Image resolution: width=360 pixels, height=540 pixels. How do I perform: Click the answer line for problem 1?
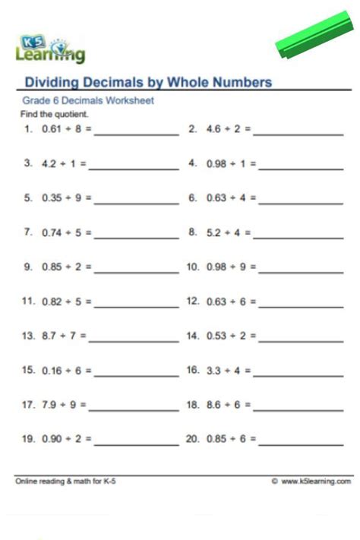click(137, 134)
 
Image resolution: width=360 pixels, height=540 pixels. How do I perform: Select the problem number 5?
click(27, 197)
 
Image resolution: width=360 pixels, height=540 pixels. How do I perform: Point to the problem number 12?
click(192, 302)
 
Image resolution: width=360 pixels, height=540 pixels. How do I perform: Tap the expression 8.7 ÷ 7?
click(61, 336)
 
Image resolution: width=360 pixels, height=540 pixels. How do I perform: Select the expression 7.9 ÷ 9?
click(61, 405)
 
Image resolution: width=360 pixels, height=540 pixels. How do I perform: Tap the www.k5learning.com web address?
click(316, 481)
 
